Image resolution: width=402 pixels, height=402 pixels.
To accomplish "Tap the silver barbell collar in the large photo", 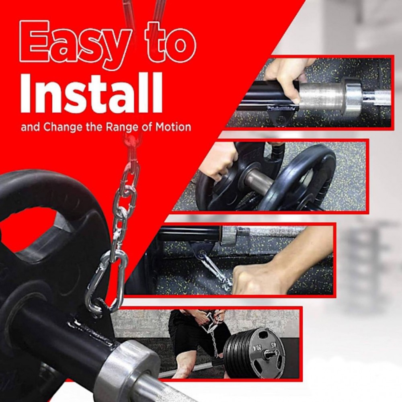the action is (x=128, y=367).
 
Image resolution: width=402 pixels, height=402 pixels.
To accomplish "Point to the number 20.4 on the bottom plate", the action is (x=258, y=347).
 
